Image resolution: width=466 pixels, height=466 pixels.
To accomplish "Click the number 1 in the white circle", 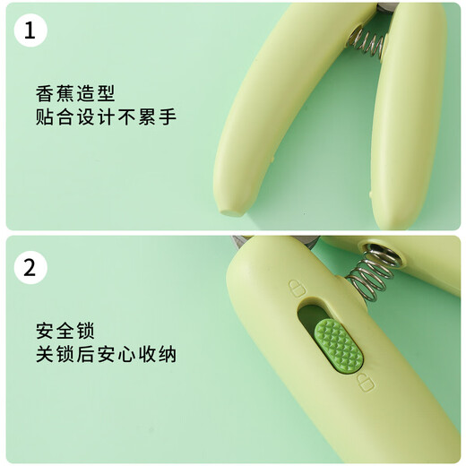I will (x=30, y=31).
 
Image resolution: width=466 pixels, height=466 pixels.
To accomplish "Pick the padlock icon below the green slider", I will (x=364, y=384).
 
